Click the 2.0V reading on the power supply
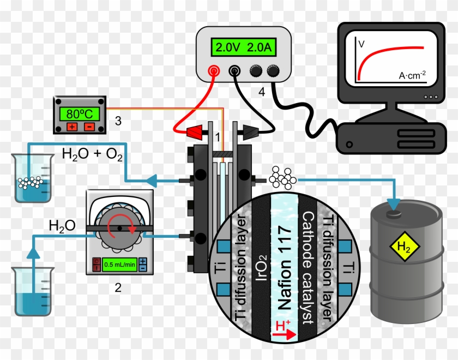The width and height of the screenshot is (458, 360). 225,47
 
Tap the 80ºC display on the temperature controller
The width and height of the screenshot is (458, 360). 80,115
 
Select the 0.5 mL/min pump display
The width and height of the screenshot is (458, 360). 120,264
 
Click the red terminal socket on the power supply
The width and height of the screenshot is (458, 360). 214,71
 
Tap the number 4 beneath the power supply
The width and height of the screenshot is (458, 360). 262,93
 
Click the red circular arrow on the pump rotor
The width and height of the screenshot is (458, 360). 117,225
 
